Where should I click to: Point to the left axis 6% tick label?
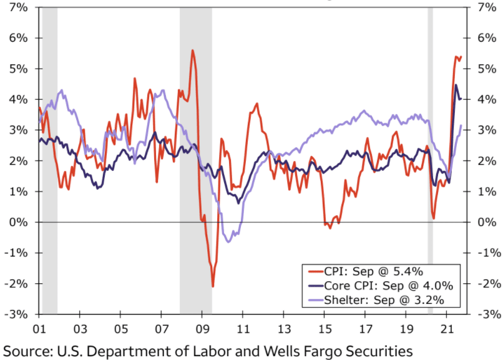point(18,37)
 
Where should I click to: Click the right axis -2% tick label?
point(487,283)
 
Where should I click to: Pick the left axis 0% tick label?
point(18,222)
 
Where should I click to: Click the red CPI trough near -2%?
point(213,286)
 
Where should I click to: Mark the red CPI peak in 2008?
point(193,51)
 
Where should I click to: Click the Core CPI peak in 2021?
point(456,85)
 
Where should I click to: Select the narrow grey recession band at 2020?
point(430,156)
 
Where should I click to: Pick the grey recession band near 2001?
point(50,156)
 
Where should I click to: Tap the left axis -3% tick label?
point(17,314)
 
